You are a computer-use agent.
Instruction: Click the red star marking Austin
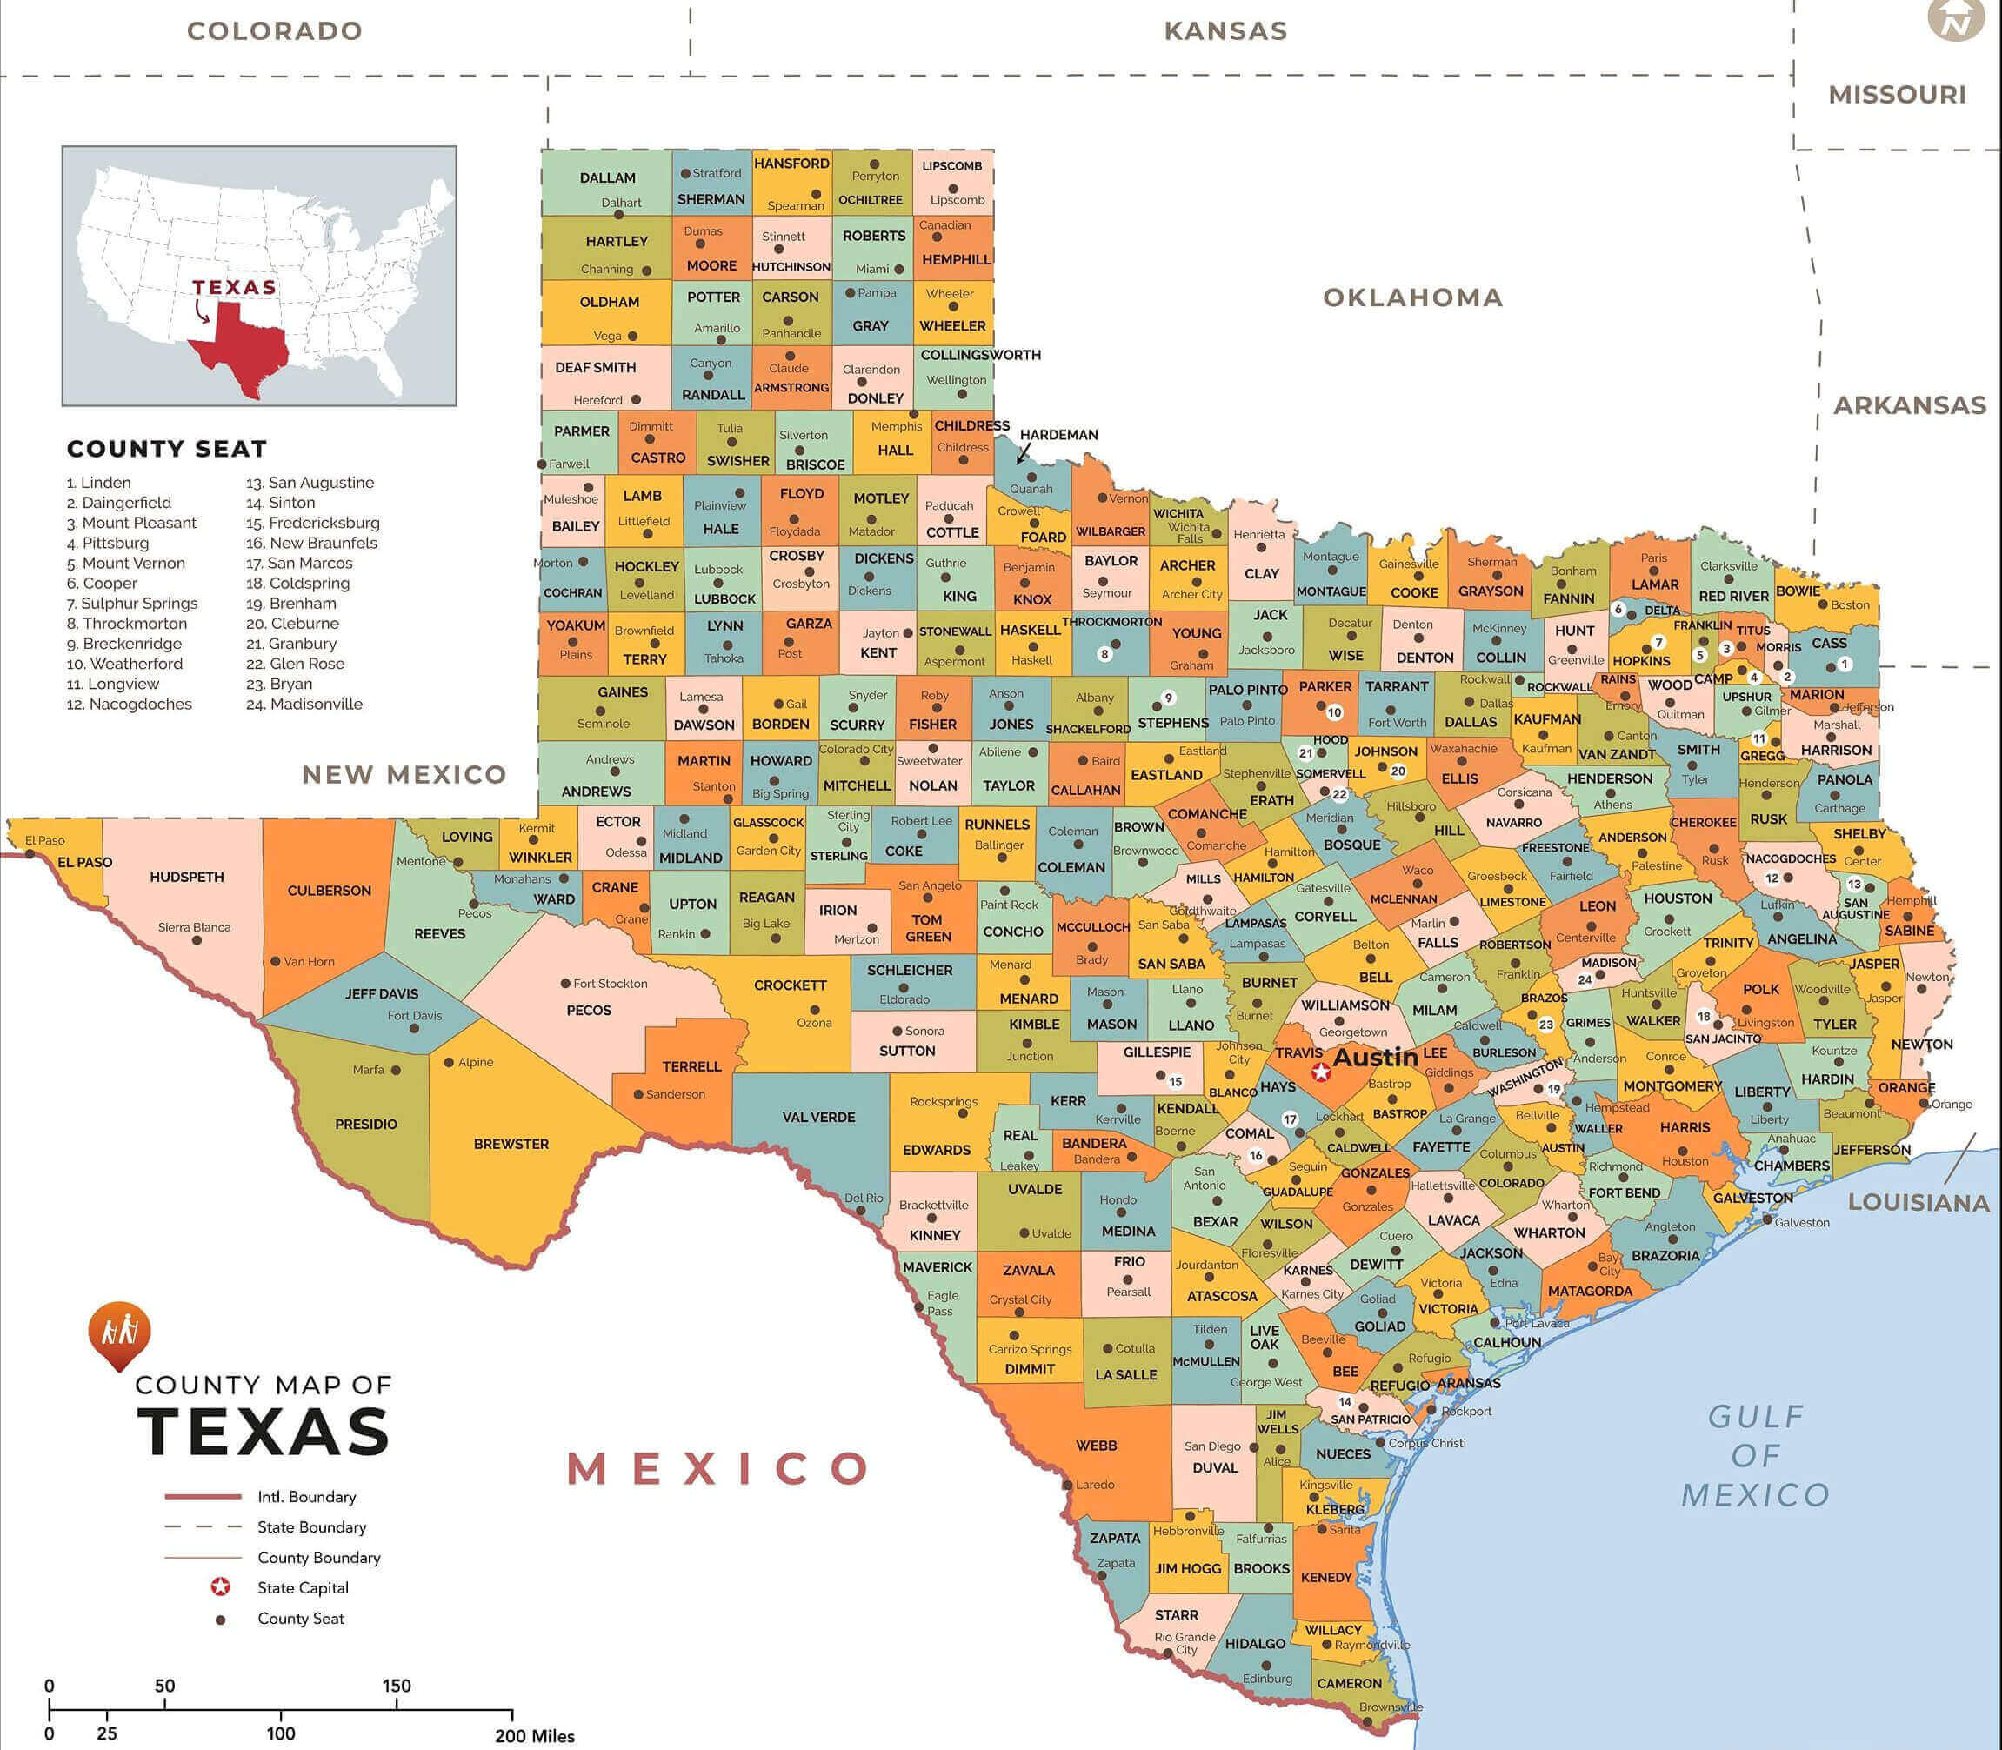pos(1321,1072)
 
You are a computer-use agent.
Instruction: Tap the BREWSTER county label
pos(511,1144)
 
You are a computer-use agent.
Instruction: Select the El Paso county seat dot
pos(30,853)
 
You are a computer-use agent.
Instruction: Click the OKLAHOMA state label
pos(1412,297)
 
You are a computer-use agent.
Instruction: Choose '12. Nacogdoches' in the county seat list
pos(130,705)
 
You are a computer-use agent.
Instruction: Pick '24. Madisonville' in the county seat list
pos(304,705)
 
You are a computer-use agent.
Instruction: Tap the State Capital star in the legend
pos(221,1588)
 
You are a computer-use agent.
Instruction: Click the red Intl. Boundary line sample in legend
pos(202,1497)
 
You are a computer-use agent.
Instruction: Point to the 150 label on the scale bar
pos(397,1686)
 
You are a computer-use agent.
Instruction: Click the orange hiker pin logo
pos(119,1333)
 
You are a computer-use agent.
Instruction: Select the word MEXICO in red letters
pos(717,1468)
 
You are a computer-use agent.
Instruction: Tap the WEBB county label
pos(1096,1446)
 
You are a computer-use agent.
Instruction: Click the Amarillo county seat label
pos(717,328)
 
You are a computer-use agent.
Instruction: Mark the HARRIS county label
pos(1685,1127)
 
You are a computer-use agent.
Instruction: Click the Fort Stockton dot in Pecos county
pos(565,984)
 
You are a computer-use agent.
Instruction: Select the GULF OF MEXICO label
pos(1755,1456)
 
